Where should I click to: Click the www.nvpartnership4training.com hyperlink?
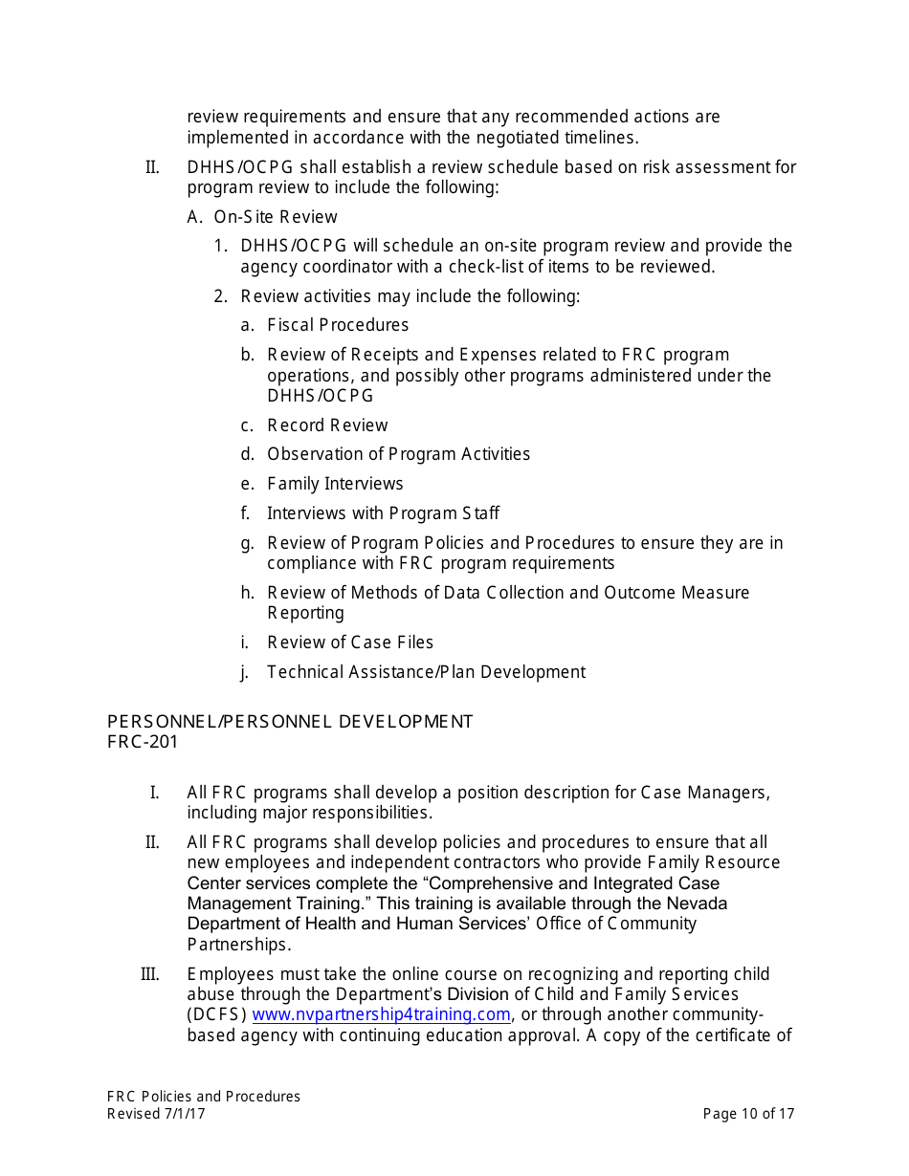(381, 1014)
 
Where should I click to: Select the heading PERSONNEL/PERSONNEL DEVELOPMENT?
(290, 722)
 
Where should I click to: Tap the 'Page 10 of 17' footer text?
(748, 1114)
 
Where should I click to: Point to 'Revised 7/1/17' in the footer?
(156, 1114)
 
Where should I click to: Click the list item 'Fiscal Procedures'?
(338, 325)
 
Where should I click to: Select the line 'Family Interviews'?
(335, 484)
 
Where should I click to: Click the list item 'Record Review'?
(327, 425)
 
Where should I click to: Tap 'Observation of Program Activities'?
(398, 454)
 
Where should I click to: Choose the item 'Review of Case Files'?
(350, 642)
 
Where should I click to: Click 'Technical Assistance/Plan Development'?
(426, 672)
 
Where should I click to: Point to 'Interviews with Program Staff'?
(383, 513)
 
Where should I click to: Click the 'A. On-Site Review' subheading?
(262, 217)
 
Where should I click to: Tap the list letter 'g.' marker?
(247, 543)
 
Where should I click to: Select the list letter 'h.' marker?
(247, 593)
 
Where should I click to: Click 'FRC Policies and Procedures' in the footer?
(204, 1097)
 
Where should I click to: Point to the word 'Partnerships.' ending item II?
(238, 945)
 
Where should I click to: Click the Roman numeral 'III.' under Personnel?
(149, 974)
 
